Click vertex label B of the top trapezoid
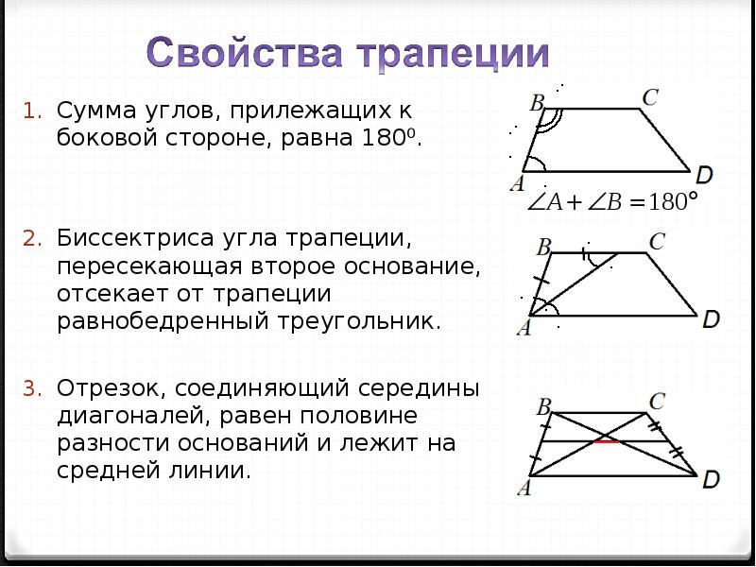[x=537, y=102]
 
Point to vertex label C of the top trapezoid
[x=650, y=96]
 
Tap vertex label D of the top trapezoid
[x=704, y=175]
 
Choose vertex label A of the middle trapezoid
[x=523, y=328]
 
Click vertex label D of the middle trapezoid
[x=711, y=318]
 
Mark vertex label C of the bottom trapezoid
[x=658, y=401]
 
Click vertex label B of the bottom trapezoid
[x=543, y=407]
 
